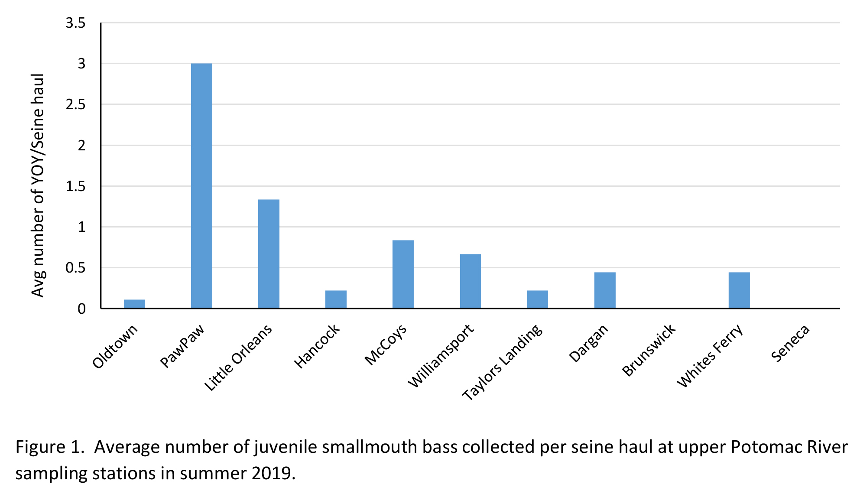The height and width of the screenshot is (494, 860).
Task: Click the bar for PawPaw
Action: point(201,186)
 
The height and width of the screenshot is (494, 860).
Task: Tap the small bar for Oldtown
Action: point(134,304)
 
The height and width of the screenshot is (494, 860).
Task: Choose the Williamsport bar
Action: point(470,281)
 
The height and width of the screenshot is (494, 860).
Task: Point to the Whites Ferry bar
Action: point(739,290)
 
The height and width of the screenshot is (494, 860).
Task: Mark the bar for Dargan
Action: point(604,290)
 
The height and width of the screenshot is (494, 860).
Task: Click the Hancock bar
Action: point(336,299)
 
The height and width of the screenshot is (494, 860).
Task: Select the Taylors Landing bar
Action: point(537,299)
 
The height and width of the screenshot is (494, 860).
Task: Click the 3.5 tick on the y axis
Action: point(75,23)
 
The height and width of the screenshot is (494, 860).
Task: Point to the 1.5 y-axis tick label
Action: point(75,186)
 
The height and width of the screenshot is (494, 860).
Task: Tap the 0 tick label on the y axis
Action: point(81,309)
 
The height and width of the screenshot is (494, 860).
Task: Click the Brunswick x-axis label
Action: point(649,350)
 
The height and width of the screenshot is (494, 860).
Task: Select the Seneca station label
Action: point(790,343)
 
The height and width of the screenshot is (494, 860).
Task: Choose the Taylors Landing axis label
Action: point(502,362)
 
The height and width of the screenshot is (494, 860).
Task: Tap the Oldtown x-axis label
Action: point(115,346)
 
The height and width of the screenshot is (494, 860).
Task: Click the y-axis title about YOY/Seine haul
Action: point(38,185)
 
